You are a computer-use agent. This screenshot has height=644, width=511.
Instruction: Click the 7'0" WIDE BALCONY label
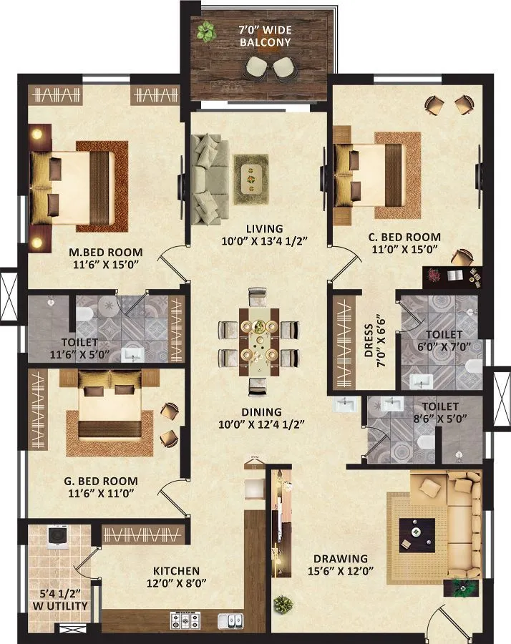[x=264, y=36]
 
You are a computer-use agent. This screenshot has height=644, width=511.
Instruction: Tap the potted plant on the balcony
[x=206, y=31]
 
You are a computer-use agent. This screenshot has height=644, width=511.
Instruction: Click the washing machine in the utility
[x=57, y=537]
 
